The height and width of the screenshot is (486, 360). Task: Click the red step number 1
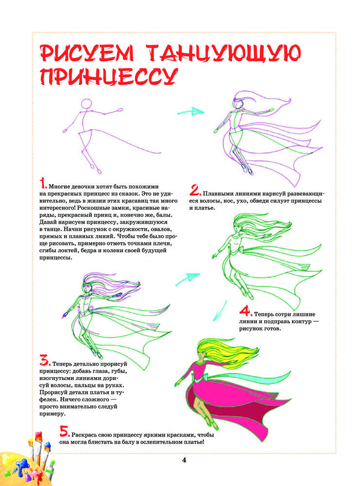43,184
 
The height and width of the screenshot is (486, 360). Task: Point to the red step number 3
45,361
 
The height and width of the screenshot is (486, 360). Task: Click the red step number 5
64,431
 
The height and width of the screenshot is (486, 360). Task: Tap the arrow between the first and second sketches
190,112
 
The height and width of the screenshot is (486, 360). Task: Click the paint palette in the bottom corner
19,464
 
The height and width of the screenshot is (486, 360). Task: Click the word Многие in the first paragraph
61,187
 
